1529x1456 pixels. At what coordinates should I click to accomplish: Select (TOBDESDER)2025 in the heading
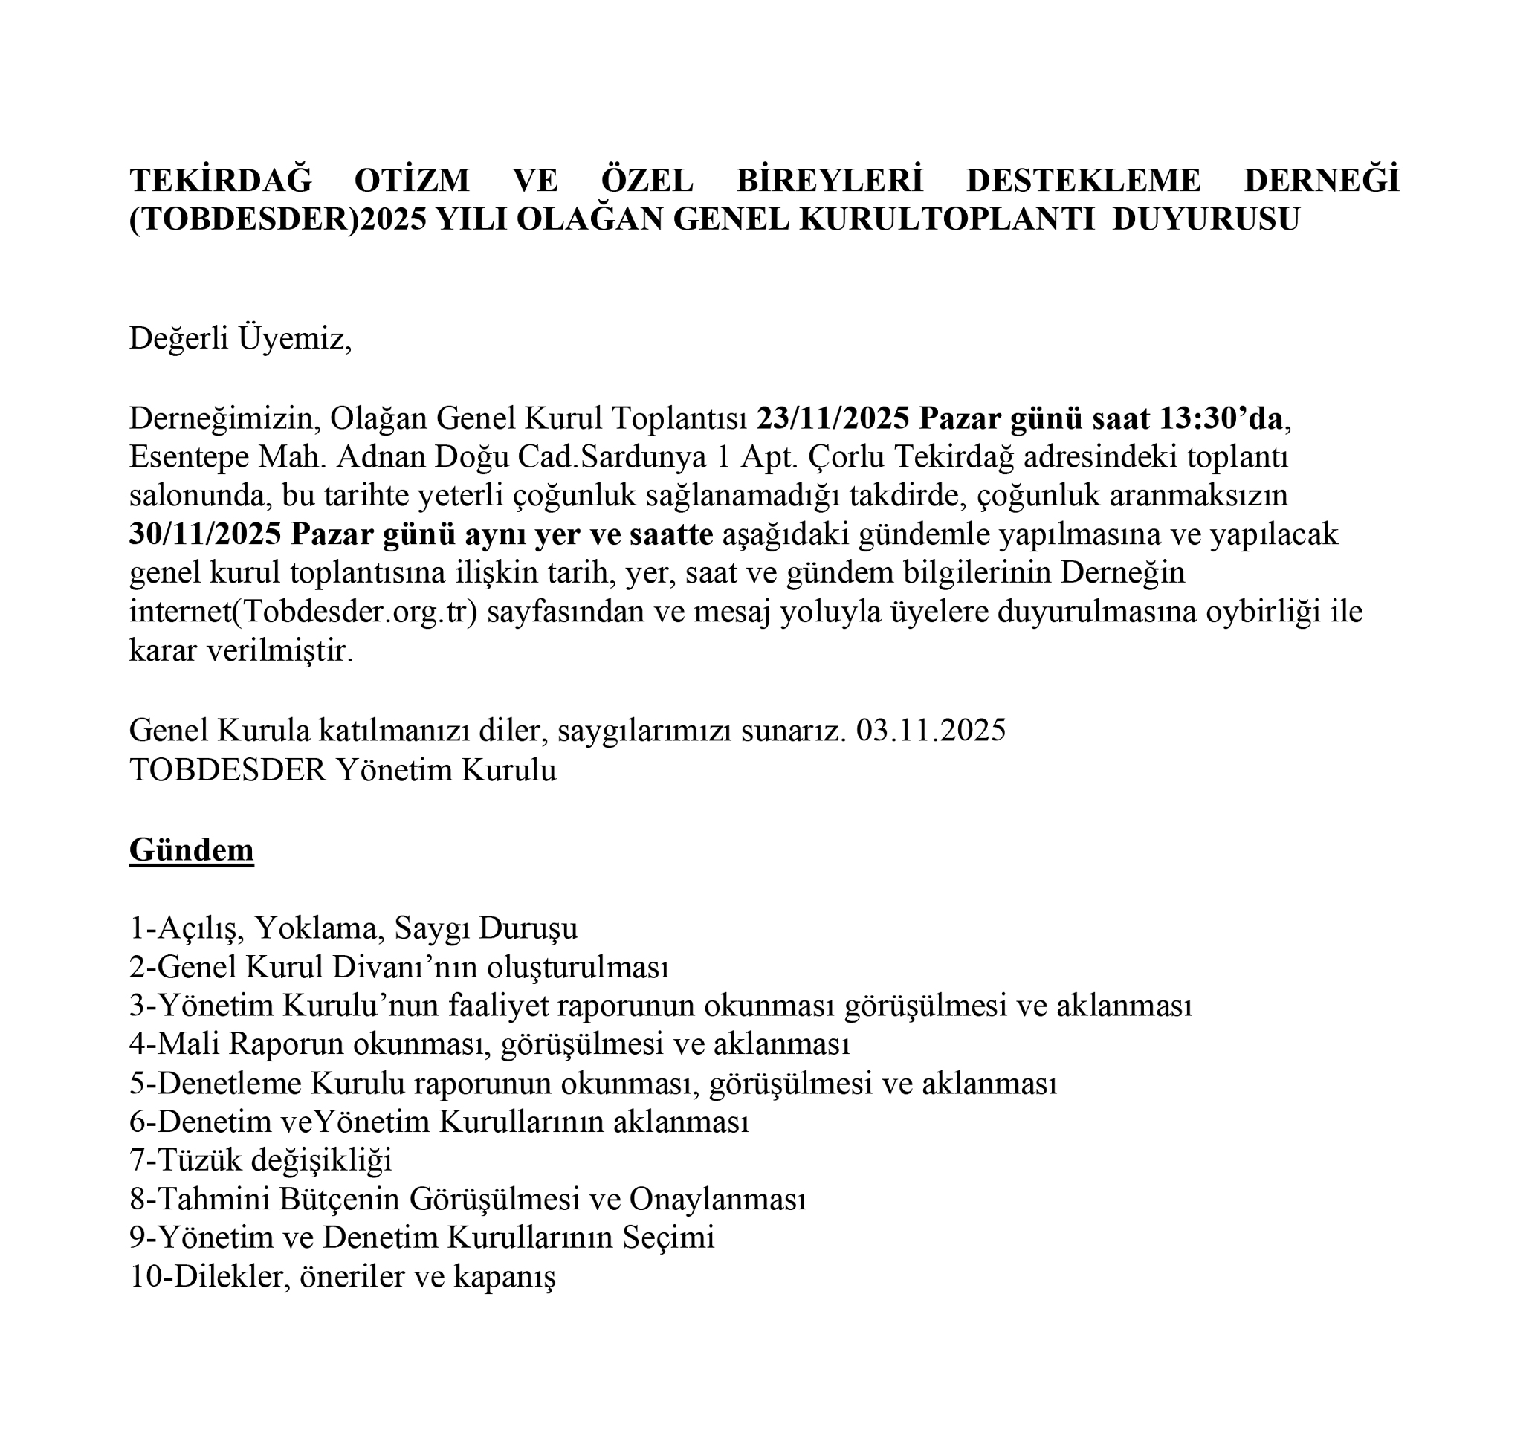coord(278,220)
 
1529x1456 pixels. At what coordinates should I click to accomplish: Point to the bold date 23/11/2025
coord(833,419)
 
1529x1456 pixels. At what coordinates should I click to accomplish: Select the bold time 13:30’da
coord(1221,419)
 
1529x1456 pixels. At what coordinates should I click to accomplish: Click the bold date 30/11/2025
coord(205,534)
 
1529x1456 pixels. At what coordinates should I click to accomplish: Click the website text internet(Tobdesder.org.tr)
coord(303,612)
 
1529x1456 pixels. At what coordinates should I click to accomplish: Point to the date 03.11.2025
coord(931,731)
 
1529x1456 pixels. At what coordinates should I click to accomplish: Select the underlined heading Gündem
coord(191,850)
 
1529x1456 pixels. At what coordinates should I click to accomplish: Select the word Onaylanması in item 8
coord(717,1199)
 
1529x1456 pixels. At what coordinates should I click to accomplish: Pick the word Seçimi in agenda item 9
coord(668,1238)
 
